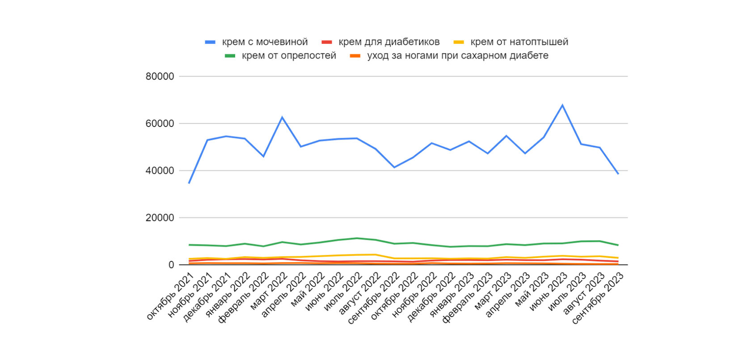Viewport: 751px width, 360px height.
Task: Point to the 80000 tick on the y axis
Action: [160, 76]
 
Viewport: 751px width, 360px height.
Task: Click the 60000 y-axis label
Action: [160, 123]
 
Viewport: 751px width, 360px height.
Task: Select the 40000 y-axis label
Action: [160, 171]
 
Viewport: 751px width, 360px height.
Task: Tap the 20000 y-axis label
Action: [160, 218]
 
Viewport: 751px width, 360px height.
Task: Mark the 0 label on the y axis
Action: [171, 265]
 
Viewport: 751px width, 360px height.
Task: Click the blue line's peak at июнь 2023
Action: [562, 105]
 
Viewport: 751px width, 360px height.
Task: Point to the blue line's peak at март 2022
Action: [282, 117]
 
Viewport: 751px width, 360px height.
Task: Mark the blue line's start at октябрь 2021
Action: [189, 183]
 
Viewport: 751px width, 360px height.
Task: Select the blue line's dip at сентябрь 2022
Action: [394, 167]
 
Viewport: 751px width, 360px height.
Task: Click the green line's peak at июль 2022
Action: [357, 238]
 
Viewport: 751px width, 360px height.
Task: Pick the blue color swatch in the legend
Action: [210, 42]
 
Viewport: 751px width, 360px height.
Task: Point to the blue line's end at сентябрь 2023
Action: [618, 174]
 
